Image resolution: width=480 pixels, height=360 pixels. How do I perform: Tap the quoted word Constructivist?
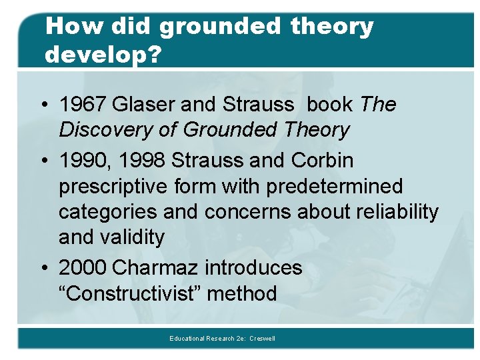click(x=131, y=293)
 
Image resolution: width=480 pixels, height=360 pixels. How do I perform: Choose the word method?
click(x=242, y=293)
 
